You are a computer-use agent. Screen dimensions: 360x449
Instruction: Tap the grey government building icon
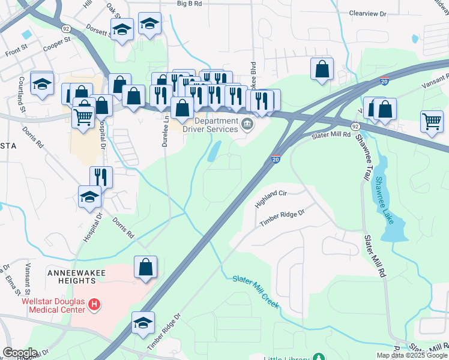pyautogui.click(x=247, y=125)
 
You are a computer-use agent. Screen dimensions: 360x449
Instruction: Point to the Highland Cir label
pyautogui.click(x=271, y=198)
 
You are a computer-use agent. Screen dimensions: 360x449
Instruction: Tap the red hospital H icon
pyautogui.click(x=94, y=305)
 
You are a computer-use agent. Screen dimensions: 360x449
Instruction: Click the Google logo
pyautogui.click(x=20, y=352)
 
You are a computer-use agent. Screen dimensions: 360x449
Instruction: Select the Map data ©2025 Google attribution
pyautogui.click(x=412, y=355)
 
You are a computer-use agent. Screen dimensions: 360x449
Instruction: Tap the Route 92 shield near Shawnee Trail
pyautogui.click(x=356, y=127)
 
